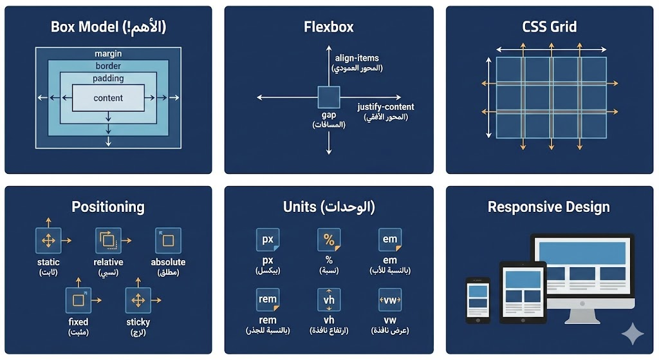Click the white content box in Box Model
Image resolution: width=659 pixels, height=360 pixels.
click(x=108, y=99)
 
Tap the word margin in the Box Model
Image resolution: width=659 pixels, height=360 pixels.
click(x=108, y=54)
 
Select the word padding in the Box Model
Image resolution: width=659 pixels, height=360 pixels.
click(x=108, y=79)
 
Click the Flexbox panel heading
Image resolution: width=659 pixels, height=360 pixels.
click(x=329, y=27)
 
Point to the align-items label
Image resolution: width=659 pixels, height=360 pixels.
click(x=357, y=58)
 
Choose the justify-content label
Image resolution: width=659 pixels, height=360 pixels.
click(x=385, y=107)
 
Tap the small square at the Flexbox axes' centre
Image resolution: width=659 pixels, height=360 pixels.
click(x=329, y=97)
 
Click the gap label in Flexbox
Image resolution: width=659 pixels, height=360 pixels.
click(x=329, y=115)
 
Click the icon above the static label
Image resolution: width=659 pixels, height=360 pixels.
click(x=48, y=240)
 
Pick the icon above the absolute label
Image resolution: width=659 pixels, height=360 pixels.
click(x=168, y=240)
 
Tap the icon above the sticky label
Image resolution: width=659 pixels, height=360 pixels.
click(x=138, y=300)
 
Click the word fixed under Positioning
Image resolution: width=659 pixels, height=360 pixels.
click(x=78, y=321)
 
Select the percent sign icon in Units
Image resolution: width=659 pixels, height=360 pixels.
click(x=329, y=240)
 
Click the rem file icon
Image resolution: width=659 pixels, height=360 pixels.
click(x=268, y=299)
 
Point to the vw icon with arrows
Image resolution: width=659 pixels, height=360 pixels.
click(x=390, y=300)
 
